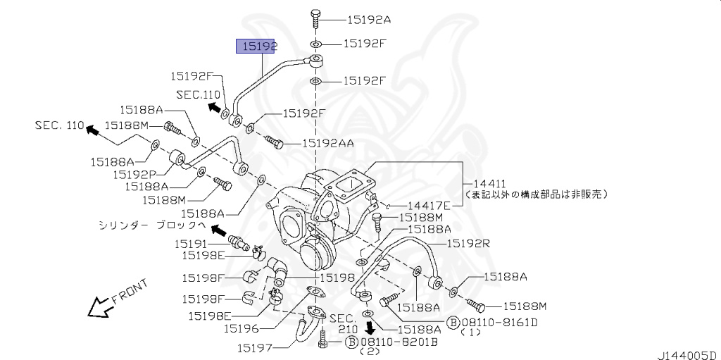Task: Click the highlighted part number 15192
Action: pyautogui.click(x=257, y=46)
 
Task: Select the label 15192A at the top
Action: pyautogui.click(x=367, y=20)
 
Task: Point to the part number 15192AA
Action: pyautogui.click(x=327, y=143)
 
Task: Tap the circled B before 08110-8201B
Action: pyautogui.click(x=351, y=342)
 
